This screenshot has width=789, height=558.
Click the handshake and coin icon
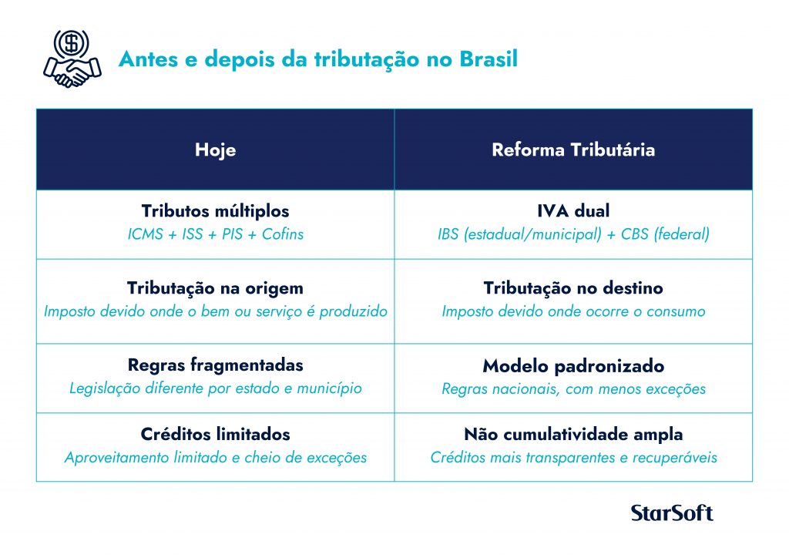(72, 59)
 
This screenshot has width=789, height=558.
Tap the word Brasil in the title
(489, 59)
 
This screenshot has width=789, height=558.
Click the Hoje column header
(216, 150)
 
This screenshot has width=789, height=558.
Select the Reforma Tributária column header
(573, 150)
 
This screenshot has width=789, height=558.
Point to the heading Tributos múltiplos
(216, 211)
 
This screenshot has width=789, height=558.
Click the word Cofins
(283, 234)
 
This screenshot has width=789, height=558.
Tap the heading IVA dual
(573, 210)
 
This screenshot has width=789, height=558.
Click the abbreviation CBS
(635, 234)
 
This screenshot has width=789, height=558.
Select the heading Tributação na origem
(216, 288)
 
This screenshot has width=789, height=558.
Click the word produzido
(353, 311)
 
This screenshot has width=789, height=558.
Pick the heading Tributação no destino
(573, 287)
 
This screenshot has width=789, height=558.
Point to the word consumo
(676, 311)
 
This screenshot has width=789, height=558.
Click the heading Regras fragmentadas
(216, 365)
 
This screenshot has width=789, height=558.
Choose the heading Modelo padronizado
(573, 366)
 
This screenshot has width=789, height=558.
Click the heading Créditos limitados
(216, 434)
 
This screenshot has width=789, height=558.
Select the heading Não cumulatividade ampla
(573, 434)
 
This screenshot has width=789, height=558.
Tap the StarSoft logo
(672, 513)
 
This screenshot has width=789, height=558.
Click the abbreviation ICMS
(146, 234)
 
